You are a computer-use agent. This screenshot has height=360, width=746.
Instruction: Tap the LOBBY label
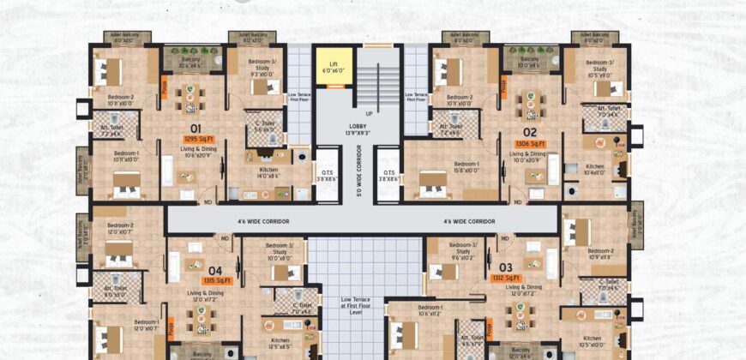pos(358,129)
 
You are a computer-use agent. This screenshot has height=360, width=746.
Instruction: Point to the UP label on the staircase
pos(369,113)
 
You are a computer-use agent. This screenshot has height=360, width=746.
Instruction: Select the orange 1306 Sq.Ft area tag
pos(530,144)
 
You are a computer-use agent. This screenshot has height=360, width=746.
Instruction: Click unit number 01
pos(195,129)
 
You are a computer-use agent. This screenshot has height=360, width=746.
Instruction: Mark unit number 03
pos(506,267)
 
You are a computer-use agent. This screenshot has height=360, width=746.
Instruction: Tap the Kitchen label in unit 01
pos(268,171)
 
